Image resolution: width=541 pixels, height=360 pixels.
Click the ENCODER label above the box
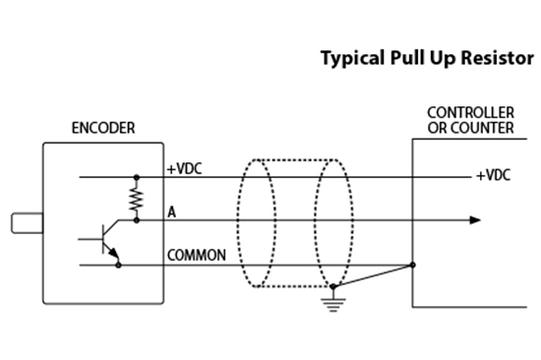(x=103, y=129)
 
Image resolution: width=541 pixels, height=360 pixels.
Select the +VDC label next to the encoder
(x=184, y=168)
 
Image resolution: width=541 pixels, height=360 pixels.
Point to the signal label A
(x=172, y=210)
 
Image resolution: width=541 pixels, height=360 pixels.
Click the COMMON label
(x=197, y=255)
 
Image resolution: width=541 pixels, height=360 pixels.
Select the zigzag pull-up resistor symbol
(x=136, y=200)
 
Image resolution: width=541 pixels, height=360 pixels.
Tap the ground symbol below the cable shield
(x=335, y=301)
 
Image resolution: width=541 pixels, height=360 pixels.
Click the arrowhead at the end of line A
(x=475, y=221)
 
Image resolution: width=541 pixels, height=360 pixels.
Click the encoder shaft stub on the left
(x=27, y=222)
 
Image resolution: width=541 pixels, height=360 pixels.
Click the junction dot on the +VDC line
(x=136, y=178)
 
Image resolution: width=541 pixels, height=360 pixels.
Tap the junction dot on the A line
(x=136, y=221)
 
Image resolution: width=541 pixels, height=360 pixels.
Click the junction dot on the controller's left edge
(x=412, y=264)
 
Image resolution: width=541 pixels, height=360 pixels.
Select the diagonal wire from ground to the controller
(x=374, y=275)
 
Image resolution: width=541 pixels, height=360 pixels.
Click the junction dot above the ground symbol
(x=335, y=286)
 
